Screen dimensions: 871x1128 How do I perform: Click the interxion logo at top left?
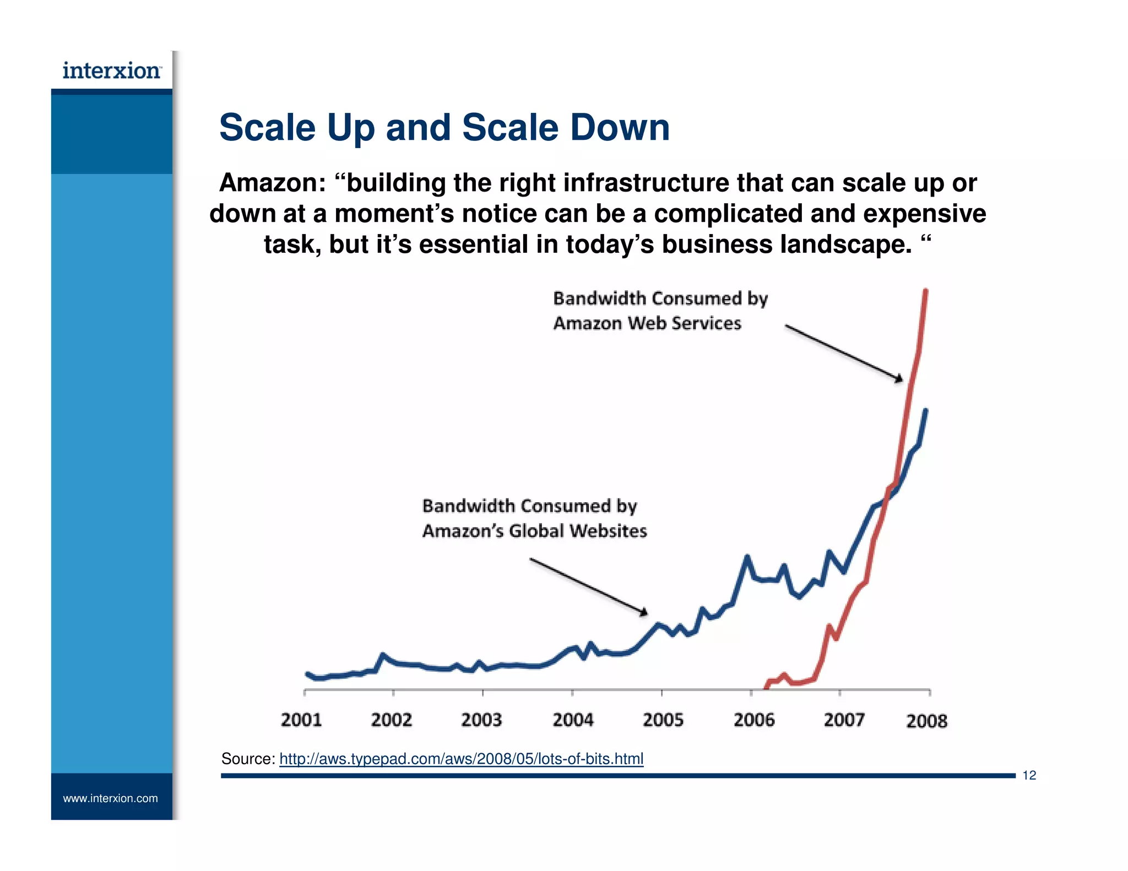coord(112,71)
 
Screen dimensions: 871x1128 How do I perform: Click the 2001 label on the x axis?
coord(301,720)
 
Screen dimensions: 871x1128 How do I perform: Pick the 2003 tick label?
coord(481,720)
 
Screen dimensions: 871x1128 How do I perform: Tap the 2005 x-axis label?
coord(663,720)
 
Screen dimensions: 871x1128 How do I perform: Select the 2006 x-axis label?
coord(754,720)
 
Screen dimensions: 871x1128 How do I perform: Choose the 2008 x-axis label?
coord(926,721)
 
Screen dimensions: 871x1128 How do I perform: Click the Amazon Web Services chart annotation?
coord(647,323)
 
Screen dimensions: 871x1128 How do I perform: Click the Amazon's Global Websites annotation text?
coord(534,531)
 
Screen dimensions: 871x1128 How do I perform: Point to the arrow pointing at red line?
coord(843,352)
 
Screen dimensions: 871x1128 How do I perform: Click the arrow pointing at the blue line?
coord(588,586)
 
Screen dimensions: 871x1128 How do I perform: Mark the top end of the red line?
coord(925,291)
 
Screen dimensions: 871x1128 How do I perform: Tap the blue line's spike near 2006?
coord(747,558)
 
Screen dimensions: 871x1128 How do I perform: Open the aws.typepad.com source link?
coord(461,759)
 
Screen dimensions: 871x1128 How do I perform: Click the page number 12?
coord(1029,775)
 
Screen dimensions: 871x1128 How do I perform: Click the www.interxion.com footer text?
coord(110,798)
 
